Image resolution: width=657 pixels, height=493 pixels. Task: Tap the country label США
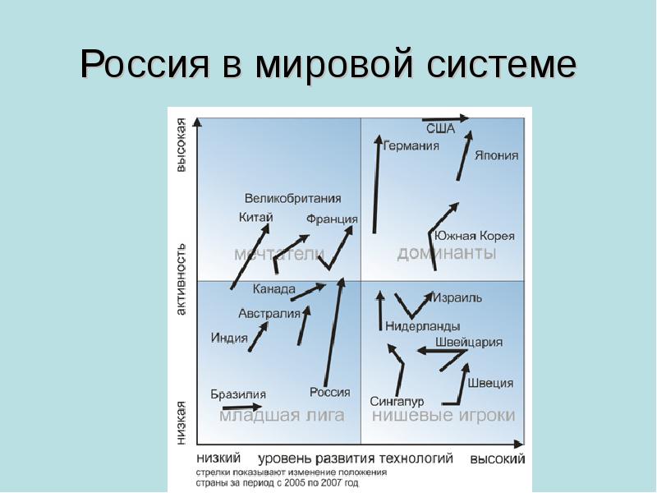[440, 129]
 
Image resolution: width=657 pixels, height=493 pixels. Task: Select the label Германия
[411, 146]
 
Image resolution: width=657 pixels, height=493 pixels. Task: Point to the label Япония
[496, 156]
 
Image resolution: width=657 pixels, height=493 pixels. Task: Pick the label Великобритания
[292, 199]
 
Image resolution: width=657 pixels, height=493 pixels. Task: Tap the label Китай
[255, 218]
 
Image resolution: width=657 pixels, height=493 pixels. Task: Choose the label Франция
[332, 219]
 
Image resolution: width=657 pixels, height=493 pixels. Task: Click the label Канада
[273, 289]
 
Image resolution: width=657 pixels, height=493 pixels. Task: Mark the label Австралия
[269, 314]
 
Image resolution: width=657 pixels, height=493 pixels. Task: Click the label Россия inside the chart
[330, 393]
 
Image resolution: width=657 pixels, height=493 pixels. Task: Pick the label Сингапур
[397, 402]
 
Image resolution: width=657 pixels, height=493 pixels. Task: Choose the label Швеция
[490, 383]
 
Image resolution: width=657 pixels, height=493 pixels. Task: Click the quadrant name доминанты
[447, 254]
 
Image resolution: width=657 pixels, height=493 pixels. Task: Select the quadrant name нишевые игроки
[443, 417]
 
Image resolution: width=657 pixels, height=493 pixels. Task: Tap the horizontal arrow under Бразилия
[241, 407]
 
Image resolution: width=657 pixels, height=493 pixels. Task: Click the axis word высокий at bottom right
[497, 459]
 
